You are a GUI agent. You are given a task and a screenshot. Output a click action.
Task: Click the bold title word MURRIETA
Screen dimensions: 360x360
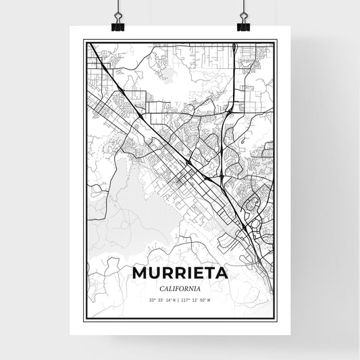180,274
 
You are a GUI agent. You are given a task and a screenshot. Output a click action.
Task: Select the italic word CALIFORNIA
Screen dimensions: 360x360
180,289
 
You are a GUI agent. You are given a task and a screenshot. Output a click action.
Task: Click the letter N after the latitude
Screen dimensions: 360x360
174,301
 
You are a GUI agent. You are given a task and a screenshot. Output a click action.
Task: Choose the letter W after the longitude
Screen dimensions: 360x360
210,301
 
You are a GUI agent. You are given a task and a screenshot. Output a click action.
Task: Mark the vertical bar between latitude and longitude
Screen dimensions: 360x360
179,301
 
